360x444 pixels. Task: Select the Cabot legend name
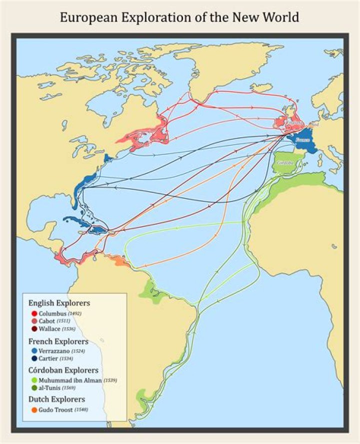coord(48,321)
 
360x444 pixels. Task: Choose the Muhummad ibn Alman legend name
coord(69,381)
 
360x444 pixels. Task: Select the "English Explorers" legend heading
coord(59,303)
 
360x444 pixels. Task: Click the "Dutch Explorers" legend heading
coord(56,400)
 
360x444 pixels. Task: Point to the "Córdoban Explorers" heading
coord(63,370)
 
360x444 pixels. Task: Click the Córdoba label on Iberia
coord(285,163)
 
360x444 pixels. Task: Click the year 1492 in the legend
coord(74,314)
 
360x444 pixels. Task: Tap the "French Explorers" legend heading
coord(58,342)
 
